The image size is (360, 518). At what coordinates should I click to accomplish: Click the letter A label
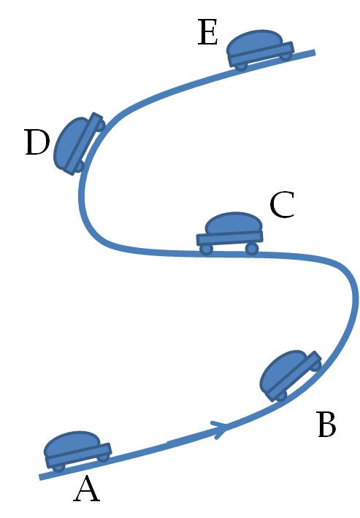(86, 490)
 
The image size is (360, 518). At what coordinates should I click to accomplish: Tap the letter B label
(326, 425)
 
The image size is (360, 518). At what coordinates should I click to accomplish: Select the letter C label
(282, 205)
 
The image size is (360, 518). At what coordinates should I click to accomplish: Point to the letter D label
(37, 142)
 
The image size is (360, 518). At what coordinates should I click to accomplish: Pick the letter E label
(207, 32)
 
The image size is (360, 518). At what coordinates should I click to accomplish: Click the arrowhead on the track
(221, 428)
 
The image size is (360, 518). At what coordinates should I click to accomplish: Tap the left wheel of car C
(206, 250)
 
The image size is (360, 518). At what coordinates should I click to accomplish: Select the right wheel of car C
(252, 249)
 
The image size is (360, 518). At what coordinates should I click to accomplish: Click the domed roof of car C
(234, 223)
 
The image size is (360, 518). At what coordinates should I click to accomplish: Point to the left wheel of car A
(59, 468)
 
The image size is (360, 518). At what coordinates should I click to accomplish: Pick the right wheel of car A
(103, 457)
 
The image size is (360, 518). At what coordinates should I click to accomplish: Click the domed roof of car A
(72, 444)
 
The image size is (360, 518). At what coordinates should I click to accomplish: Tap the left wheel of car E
(241, 66)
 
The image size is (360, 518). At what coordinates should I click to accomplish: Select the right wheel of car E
(286, 56)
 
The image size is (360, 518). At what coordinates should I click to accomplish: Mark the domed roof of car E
(255, 41)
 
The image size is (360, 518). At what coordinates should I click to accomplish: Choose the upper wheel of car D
(101, 125)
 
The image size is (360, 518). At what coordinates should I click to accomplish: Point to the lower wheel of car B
(281, 395)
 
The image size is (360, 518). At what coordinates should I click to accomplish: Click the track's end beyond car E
(315, 53)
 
